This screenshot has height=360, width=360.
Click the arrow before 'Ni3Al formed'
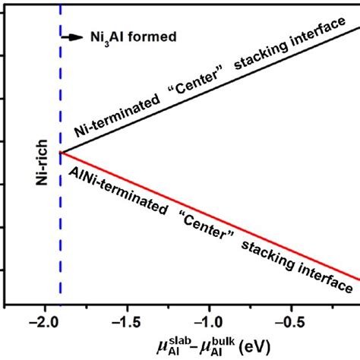point(74,35)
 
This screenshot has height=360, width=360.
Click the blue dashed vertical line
point(60,228)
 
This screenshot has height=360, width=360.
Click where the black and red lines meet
point(60,152)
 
